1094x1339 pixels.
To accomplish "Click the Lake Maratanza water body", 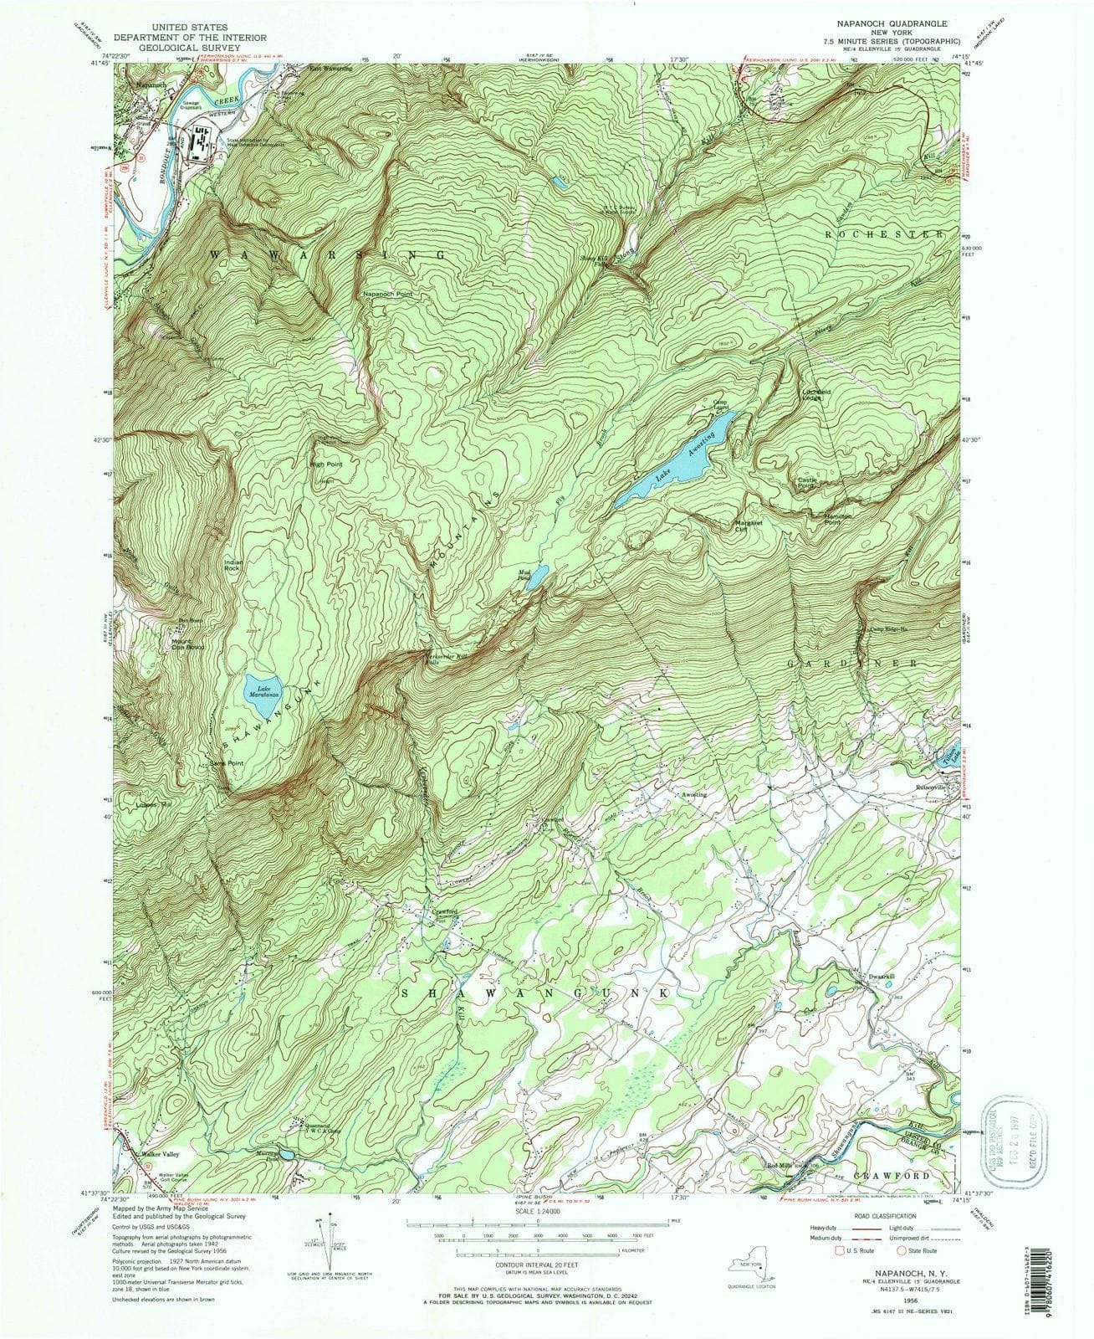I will pos(266,694).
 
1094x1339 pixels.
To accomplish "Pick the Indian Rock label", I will pos(233,565).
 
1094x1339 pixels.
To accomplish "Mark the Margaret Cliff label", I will pos(749,526).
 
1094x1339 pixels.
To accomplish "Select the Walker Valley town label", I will pos(160,1154).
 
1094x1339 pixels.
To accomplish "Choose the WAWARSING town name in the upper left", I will pos(326,253).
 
